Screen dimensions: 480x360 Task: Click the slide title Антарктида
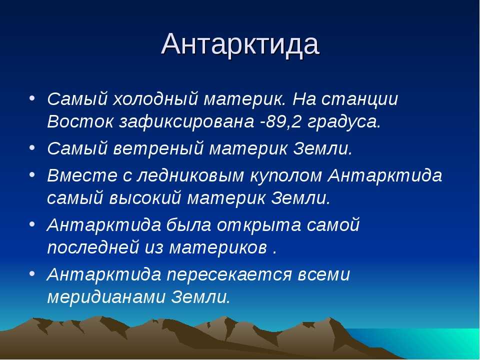[240, 44]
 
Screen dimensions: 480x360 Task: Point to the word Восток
[80, 121]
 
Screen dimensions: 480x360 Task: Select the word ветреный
[158, 149]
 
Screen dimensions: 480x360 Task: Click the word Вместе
[82, 175]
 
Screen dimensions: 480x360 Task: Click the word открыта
[259, 225]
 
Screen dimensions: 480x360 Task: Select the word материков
[218, 248]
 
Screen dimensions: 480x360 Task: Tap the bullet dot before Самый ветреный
[32, 147]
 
